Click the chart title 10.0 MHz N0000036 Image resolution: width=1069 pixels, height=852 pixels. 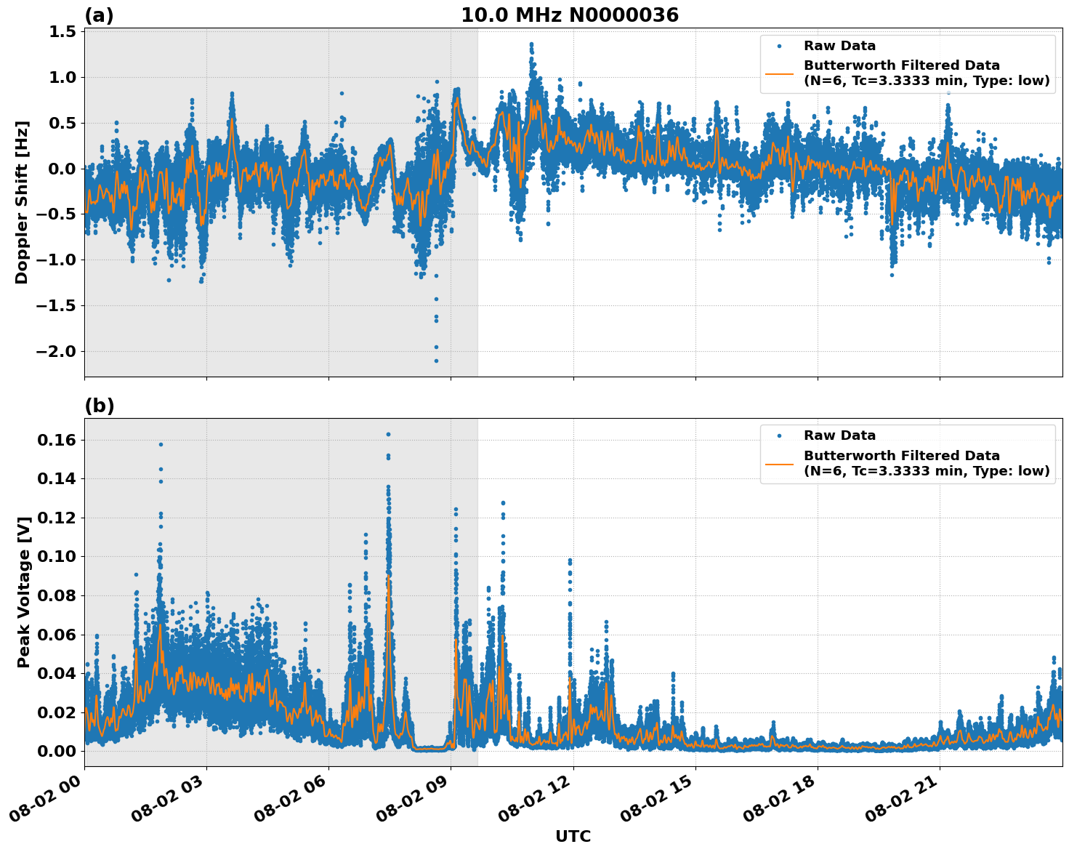click(569, 15)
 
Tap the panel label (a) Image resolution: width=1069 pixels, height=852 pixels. click(99, 15)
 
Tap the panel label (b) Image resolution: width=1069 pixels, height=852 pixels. click(99, 406)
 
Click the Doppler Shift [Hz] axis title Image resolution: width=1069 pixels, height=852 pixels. click(22, 202)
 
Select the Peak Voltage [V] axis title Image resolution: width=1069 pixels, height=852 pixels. click(24, 592)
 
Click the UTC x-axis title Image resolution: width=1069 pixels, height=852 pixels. click(573, 836)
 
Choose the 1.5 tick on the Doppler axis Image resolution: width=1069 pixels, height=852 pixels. click(62, 31)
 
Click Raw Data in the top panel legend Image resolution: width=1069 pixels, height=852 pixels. click(839, 46)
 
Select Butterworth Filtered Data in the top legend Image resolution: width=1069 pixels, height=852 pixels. click(901, 65)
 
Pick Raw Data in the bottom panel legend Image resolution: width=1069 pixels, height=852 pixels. click(839, 435)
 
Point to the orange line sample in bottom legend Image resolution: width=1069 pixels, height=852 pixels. click(779, 463)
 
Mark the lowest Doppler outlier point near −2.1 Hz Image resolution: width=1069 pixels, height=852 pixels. click(436, 361)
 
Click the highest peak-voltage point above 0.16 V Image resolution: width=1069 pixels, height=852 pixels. click(388, 434)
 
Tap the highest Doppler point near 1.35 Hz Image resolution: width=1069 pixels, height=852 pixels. click(531, 44)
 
